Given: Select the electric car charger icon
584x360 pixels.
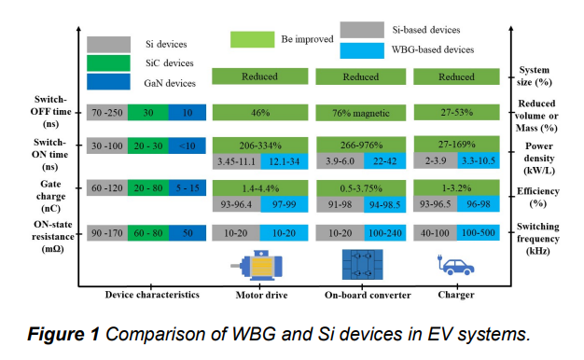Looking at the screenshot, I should [457, 266].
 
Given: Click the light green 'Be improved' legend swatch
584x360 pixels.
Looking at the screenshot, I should [252, 39].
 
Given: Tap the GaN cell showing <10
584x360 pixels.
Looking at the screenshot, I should [187, 146].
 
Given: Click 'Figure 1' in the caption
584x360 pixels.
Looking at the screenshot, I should [66, 333].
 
